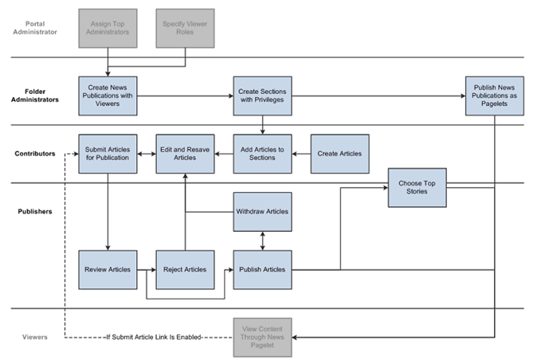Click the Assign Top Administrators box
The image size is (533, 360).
click(108, 27)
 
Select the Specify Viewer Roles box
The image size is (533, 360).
click(185, 27)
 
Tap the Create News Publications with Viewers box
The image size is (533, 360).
click(108, 96)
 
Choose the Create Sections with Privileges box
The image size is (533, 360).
click(262, 96)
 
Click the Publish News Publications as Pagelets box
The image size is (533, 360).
click(495, 96)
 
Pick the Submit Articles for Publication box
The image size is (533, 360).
click(108, 153)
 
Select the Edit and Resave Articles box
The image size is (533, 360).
click(185, 153)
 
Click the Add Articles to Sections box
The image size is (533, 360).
click(262, 153)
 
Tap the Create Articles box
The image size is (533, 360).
click(339, 153)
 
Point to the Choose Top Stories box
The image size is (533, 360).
click(417, 188)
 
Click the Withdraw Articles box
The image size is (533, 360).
click(262, 212)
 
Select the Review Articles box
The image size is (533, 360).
click(108, 269)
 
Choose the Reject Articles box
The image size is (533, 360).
click(185, 269)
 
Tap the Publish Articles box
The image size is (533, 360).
click(262, 269)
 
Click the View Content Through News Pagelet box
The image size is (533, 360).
click(262, 338)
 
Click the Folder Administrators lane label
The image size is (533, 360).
click(33, 96)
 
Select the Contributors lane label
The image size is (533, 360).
click(33, 153)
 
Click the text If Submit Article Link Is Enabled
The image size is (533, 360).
click(154, 338)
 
